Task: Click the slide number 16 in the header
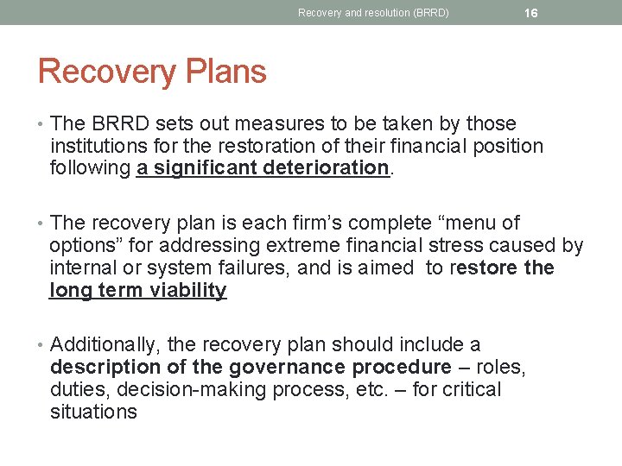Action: (x=531, y=13)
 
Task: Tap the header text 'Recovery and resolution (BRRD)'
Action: (x=373, y=13)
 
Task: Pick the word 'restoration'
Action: (x=260, y=147)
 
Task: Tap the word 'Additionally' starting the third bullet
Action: (x=105, y=345)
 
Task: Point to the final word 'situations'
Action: (x=93, y=412)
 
